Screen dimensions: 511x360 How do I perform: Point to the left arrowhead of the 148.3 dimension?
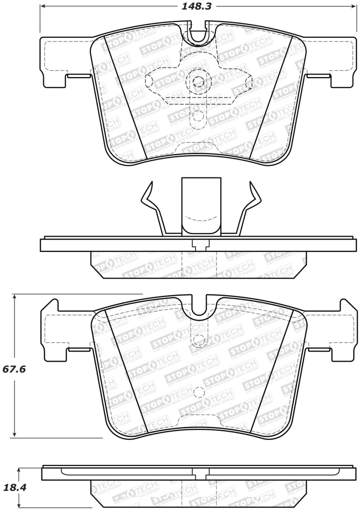coord(43,6)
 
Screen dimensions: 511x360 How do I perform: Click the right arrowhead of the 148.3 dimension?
coord(354,6)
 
